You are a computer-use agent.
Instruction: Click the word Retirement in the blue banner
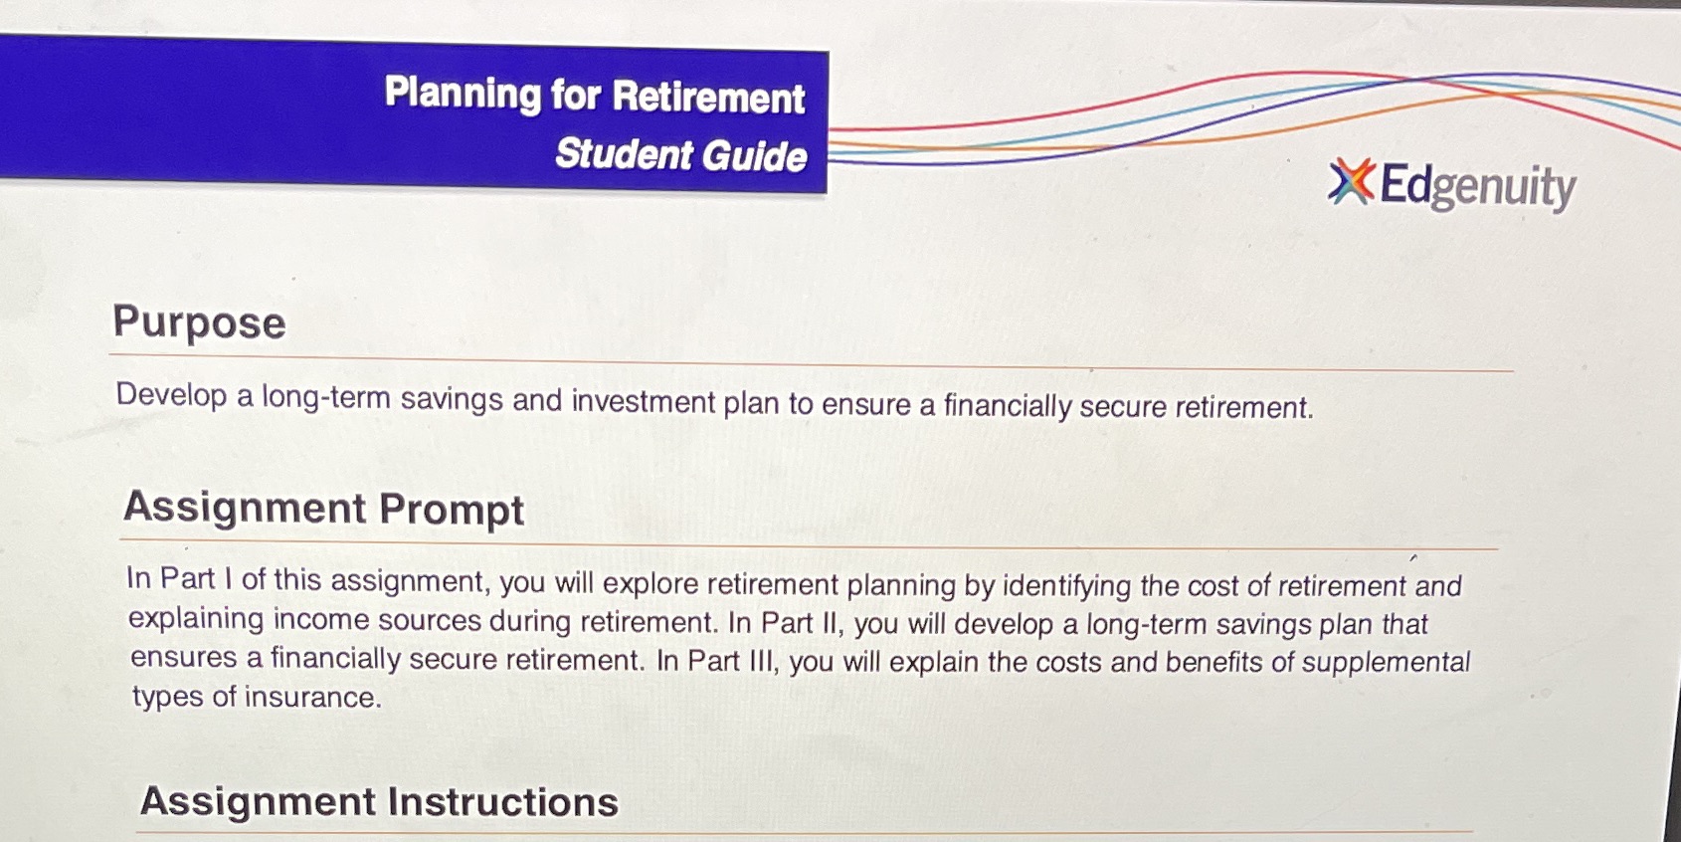coord(708,98)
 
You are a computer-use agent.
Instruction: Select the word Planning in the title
coord(463,94)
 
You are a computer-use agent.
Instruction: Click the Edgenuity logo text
coord(1477,186)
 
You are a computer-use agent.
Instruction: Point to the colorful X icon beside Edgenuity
coord(1351,181)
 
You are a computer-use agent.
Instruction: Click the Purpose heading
coord(199,322)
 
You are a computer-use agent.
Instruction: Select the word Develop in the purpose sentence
coord(171,394)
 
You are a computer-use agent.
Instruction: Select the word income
coord(319,619)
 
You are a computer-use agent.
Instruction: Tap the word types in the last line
coord(167,697)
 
